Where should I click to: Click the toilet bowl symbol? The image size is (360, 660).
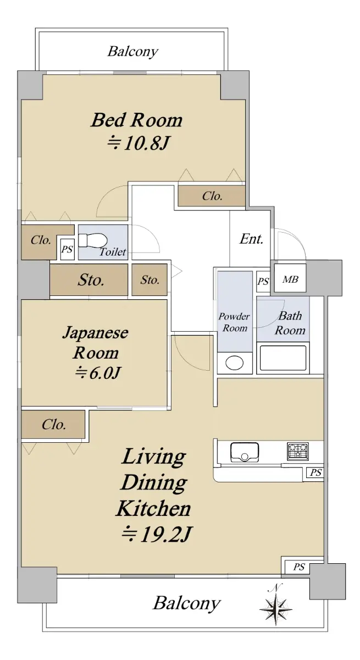tap(93, 240)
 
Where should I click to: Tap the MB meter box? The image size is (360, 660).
tap(290, 279)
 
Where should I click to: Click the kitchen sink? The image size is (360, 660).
tap(245, 452)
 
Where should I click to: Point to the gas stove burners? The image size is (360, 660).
tap(298, 451)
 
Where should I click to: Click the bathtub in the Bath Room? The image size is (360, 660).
tap(283, 358)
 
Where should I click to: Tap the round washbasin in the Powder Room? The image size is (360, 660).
tap(235, 362)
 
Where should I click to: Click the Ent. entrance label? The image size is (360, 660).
tap(251, 239)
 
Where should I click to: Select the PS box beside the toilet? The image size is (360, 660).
tap(67, 250)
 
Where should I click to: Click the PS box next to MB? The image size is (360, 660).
tap(263, 282)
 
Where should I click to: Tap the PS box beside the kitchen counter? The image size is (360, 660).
tap(315, 472)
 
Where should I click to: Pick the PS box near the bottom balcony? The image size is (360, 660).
tap(298, 566)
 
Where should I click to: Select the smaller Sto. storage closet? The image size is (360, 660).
tap(149, 279)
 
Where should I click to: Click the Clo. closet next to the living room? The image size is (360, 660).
tap(53, 425)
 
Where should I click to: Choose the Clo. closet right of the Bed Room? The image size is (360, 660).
tap(212, 196)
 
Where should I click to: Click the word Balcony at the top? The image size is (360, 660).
tap(133, 52)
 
